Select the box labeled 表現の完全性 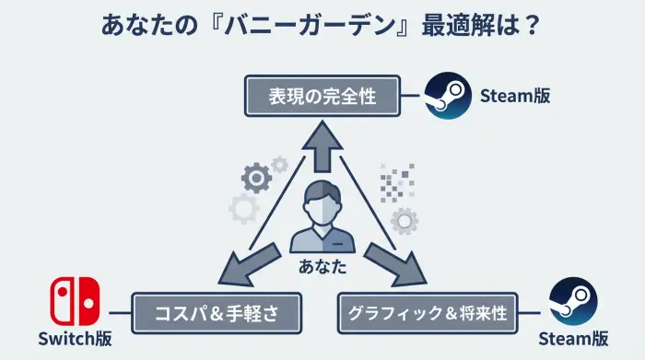pos(322,96)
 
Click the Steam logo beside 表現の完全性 pos(448,96)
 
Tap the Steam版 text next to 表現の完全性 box pos(515,95)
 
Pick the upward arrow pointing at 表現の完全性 pos(322,147)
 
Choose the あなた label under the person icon pos(322,267)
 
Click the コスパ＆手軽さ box pos(217,313)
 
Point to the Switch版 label pos(76,339)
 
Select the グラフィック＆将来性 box pos(428,313)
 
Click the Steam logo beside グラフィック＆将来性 pos(572,301)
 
